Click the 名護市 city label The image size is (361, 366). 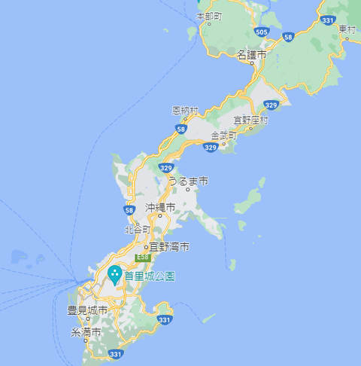pos(251,55)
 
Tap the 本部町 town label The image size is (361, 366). pos(209,15)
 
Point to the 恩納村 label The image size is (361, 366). pos(185,110)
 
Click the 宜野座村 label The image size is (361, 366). pos(251,119)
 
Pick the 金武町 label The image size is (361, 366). pos(223,136)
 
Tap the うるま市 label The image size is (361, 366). pos(187,181)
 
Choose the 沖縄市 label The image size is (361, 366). pos(160,206)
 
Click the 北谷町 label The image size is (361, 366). pos(138,229)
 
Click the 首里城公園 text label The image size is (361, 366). pos(150,276)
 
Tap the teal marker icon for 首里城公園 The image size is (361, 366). pos(115,273)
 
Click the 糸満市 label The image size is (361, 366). pos(85,332)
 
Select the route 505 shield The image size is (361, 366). pos(261,32)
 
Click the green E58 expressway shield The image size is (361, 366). pos(143,258)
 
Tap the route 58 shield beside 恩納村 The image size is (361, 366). pos(180,129)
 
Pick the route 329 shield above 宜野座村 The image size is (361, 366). pos(272,105)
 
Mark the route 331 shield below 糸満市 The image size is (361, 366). pos(115,353)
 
